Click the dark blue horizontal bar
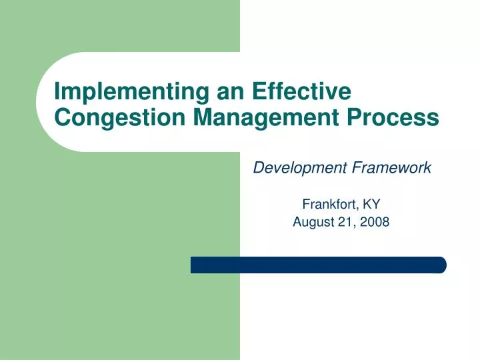tap(318, 265)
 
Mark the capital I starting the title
tap(57, 91)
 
